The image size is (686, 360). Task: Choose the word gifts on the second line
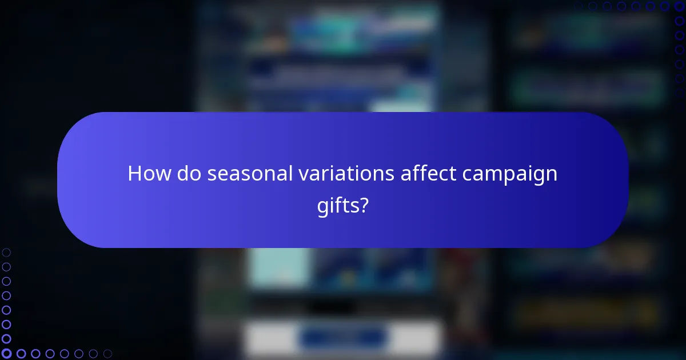point(338,205)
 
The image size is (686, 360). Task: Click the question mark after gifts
point(364,204)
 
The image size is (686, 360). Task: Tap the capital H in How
point(134,173)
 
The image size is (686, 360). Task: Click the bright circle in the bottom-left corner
point(6,354)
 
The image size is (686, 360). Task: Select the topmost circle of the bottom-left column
point(6,252)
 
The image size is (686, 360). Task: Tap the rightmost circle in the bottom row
point(107,354)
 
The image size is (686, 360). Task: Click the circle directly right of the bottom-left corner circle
point(21,354)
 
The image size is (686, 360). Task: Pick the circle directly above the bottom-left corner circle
point(6,339)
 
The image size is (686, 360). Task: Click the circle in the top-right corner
point(680,6)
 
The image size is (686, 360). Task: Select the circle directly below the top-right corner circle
point(680,21)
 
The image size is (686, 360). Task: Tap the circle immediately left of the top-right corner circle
point(665,6)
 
